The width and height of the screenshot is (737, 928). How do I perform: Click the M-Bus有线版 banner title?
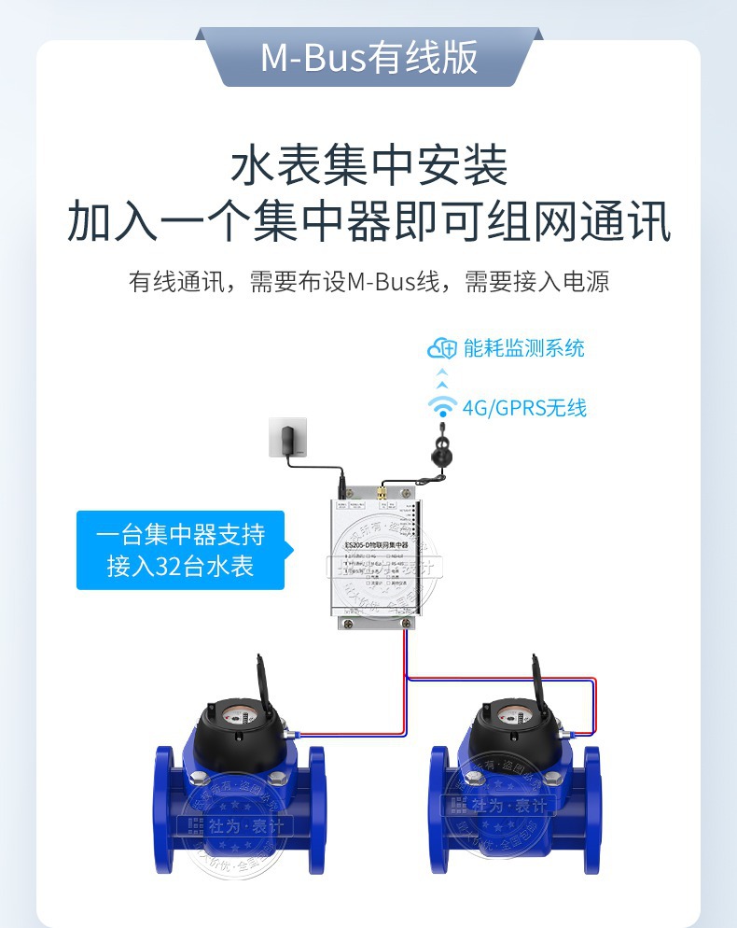coord(368,58)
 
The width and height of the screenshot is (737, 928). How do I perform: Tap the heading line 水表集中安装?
coord(368,166)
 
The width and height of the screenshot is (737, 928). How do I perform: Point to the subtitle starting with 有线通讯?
coord(368,281)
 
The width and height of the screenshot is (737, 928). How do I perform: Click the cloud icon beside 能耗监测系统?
coord(441,348)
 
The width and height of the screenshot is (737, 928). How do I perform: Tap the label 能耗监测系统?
coord(523,348)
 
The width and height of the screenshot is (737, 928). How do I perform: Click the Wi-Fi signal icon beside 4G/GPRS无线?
coord(441,407)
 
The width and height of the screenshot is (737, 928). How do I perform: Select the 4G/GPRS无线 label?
coord(524,407)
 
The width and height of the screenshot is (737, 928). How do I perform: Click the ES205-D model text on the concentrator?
coord(378,544)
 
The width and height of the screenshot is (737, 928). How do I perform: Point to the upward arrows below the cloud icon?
coord(442,378)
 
